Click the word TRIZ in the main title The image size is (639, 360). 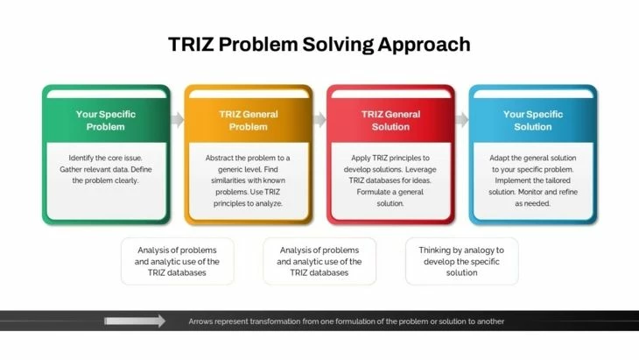click(x=191, y=44)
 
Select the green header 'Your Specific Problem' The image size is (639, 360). click(x=106, y=120)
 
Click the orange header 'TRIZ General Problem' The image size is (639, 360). click(x=249, y=120)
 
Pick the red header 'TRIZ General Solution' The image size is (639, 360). click(x=390, y=120)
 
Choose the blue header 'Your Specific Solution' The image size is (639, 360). click(x=532, y=120)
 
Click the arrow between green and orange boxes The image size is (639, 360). click(x=178, y=119)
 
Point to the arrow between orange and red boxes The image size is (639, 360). click(x=319, y=119)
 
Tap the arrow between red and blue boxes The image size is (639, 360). click(x=462, y=119)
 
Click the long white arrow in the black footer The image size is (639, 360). click(x=135, y=321)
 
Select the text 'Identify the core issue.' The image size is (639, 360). click(x=106, y=158)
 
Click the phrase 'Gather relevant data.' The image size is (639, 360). click(x=94, y=169)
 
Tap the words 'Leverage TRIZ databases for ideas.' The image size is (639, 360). click(x=390, y=175)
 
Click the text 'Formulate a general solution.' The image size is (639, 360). click(x=390, y=198)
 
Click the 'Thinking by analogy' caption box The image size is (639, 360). click(x=461, y=261)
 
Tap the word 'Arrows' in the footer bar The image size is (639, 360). click(x=200, y=321)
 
